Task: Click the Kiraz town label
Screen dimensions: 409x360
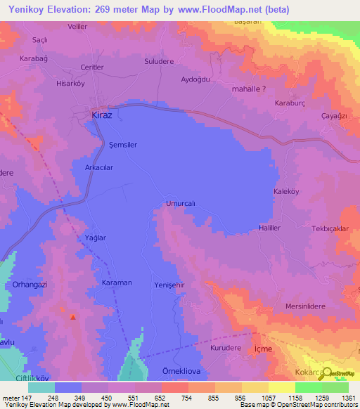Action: click(102, 113)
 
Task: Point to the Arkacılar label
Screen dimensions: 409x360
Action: click(99, 168)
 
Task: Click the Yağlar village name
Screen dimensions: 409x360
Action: click(95, 238)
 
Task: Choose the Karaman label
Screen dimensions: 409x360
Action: click(117, 283)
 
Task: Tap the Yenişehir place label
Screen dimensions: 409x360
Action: click(169, 285)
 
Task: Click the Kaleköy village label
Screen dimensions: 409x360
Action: click(287, 191)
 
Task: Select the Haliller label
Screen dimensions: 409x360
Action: click(270, 228)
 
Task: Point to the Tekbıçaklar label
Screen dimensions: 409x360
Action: click(330, 230)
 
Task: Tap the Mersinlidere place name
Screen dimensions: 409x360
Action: click(308, 306)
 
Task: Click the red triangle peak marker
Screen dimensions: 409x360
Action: click(72, 317)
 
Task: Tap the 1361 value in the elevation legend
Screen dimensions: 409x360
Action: click(339, 397)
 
